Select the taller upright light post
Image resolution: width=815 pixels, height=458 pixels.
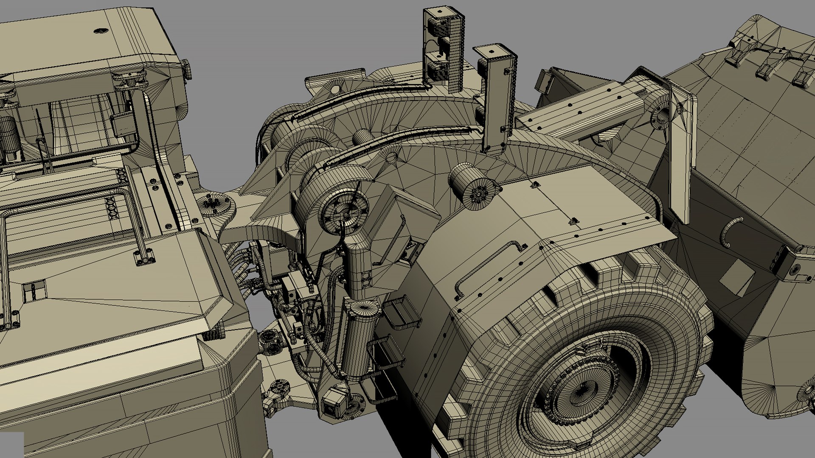[444, 47]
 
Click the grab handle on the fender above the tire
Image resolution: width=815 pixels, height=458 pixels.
[488, 267]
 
